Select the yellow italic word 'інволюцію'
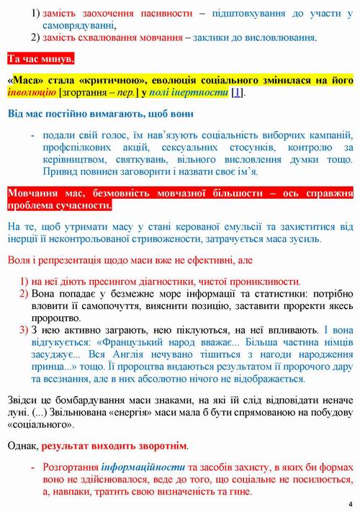click(30, 94)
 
